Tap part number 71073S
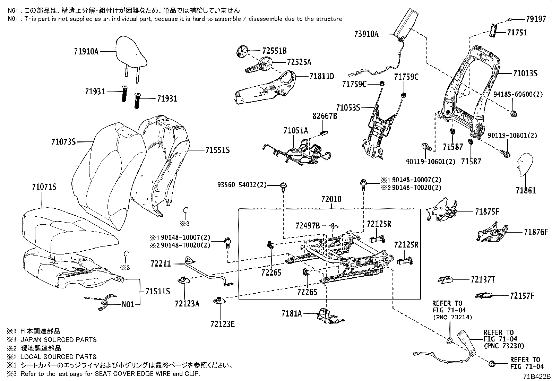[63, 141]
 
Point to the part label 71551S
[217, 150]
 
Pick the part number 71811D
[321, 76]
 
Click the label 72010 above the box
[331, 199]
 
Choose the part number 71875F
[487, 211]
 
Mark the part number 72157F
[522, 296]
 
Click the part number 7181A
[292, 314]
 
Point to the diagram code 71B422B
[537, 376]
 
